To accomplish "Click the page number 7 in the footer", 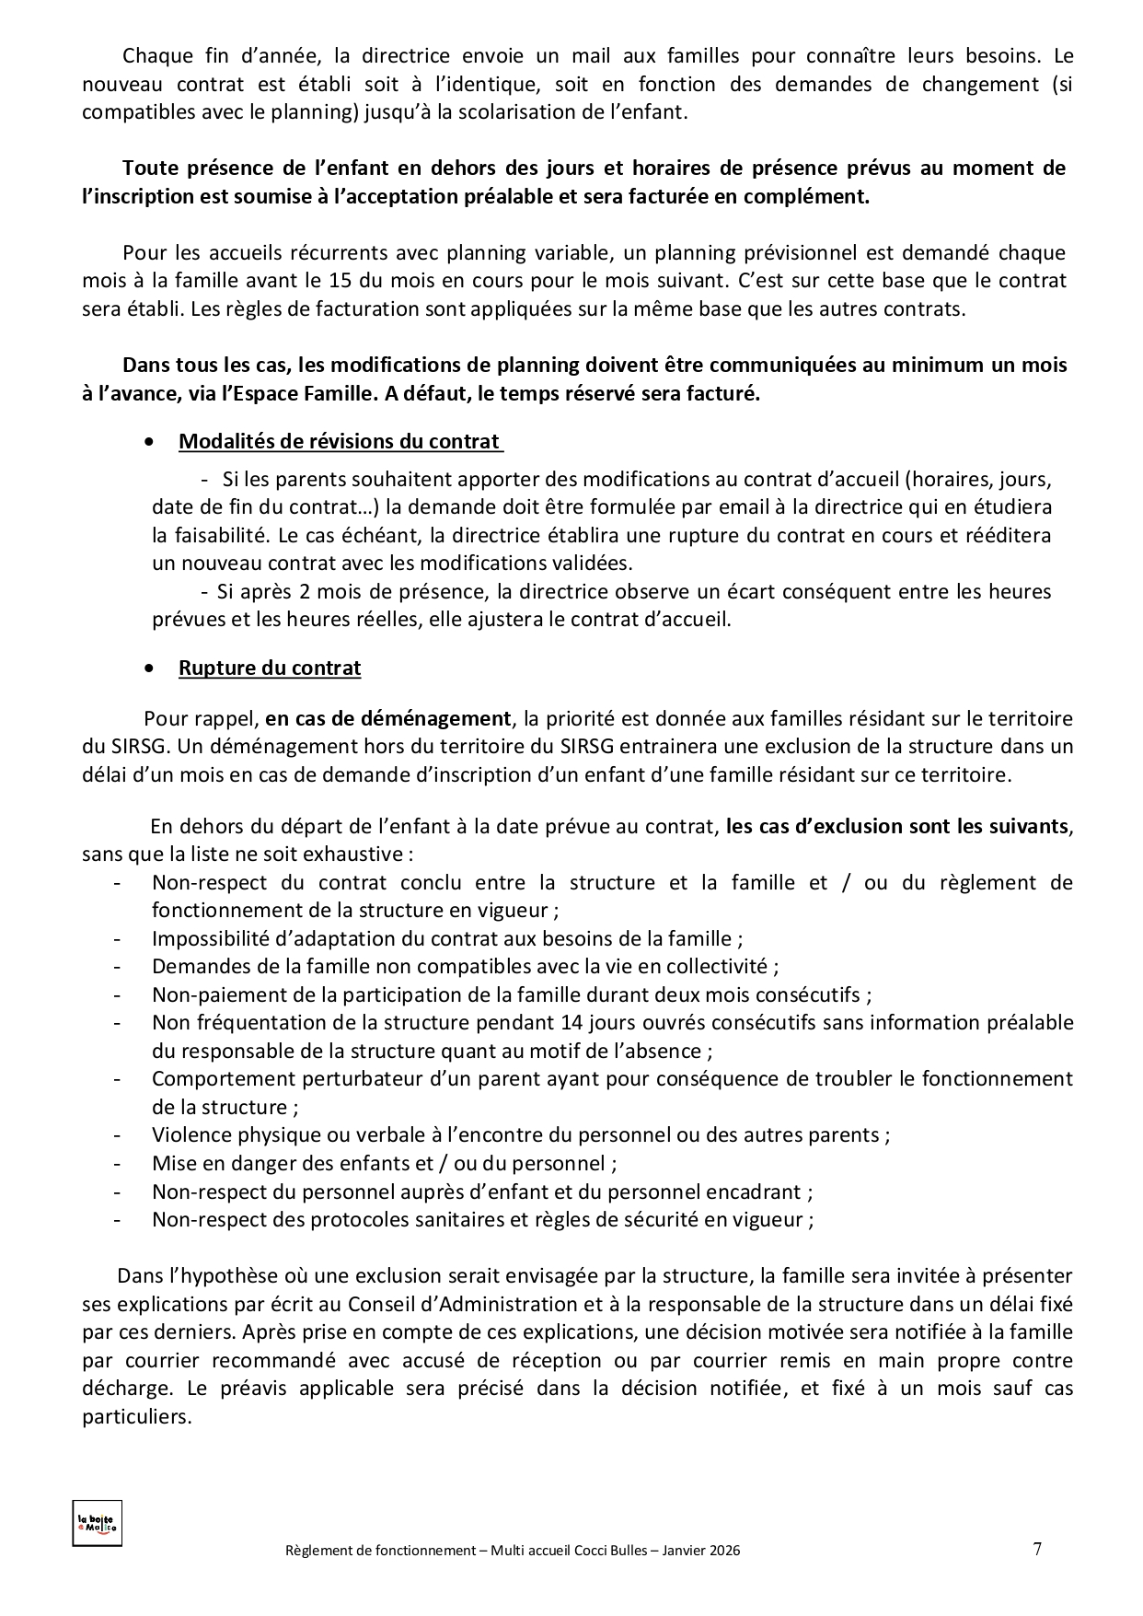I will tap(1037, 1548).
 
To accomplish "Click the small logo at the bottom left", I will tap(97, 1523).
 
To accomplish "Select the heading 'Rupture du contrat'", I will tap(270, 668).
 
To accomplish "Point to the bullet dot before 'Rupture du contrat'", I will tap(150, 668).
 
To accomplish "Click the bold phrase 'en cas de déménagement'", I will tap(388, 718).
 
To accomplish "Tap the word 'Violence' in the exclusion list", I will tap(190, 1134).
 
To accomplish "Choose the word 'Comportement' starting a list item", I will tap(217, 1078).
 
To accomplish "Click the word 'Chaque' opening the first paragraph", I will tap(153, 56).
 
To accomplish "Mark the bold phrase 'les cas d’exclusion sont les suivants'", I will tap(897, 826).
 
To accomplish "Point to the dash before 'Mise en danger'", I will tap(118, 1163).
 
